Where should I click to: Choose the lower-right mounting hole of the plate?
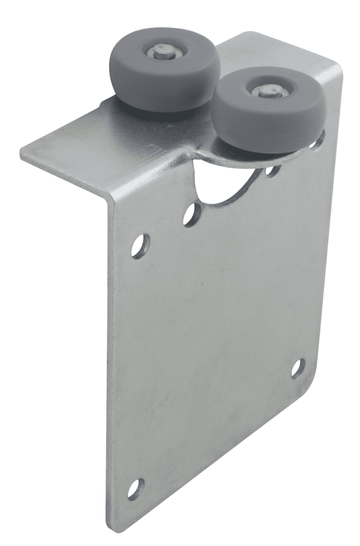coord(297,367)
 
